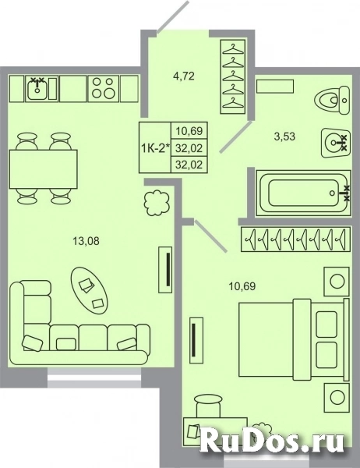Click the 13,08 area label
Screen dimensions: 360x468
(x=86, y=240)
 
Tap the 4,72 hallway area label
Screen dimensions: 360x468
(x=184, y=76)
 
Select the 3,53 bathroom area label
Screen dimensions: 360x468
(x=284, y=136)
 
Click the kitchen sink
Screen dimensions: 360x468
(x=37, y=88)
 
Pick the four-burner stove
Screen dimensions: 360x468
(x=103, y=88)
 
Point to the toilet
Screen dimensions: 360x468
(x=333, y=101)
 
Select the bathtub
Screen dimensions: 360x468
(x=303, y=193)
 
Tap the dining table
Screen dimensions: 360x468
(x=44, y=169)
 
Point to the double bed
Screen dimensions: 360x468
(x=294, y=339)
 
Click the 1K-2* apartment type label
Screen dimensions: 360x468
(x=155, y=147)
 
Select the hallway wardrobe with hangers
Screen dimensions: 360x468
(x=234, y=76)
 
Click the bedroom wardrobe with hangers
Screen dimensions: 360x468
(x=295, y=239)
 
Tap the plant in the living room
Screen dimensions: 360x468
(x=157, y=204)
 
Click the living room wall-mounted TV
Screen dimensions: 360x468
(x=166, y=270)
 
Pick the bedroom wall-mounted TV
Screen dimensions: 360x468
(x=196, y=341)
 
